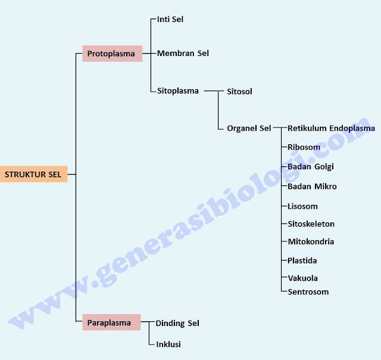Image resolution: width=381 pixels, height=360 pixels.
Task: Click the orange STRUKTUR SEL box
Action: point(33,174)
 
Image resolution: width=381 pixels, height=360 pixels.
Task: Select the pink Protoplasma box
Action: point(112,54)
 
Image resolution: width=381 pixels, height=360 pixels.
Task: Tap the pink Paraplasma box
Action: point(111,322)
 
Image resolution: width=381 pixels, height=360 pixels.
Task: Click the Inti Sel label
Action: point(170,19)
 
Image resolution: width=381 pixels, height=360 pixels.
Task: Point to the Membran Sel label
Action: point(183,54)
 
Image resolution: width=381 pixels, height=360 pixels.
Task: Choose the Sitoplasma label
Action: point(178,91)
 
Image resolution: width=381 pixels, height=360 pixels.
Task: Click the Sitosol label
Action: point(239,92)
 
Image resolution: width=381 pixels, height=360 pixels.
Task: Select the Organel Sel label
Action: point(249,128)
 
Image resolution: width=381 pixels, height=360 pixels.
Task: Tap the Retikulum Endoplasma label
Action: point(331,128)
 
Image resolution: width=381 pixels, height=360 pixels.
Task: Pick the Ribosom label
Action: point(304,147)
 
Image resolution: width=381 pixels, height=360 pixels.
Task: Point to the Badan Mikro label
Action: point(312,186)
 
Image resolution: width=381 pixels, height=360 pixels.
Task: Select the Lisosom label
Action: point(302,206)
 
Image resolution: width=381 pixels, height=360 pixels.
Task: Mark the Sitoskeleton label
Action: point(311,224)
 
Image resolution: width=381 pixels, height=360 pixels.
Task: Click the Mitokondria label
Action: point(311,241)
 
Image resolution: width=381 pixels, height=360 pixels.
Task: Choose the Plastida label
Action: point(302,260)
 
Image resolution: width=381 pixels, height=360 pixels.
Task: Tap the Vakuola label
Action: point(302,278)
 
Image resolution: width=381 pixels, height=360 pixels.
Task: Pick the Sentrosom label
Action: point(308,291)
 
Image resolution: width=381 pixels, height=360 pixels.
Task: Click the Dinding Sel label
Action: point(177,323)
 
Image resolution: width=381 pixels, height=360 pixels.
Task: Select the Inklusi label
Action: point(168,344)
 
